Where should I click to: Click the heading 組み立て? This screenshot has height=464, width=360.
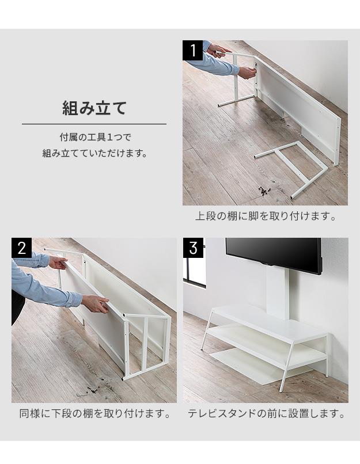[x=94, y=108]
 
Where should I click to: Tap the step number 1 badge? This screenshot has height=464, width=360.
[x=192, y=50]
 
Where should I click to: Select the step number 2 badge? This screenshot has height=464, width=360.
[x=22, y=248]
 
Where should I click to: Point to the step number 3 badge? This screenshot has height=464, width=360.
[x=193, y=248]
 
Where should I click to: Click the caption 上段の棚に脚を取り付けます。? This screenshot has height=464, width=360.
[x=266, y=216]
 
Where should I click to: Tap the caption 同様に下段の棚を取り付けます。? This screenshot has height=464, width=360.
[x=94, y=413]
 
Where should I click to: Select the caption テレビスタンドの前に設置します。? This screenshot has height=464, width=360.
[x=266, y=413]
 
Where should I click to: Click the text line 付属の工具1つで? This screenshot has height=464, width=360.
[x=95, y=138]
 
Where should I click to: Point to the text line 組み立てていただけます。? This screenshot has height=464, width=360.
[x=95, y=153]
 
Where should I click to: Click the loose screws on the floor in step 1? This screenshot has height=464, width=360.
[x=263, y=191]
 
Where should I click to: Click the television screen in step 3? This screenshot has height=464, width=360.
[x=273, y=254]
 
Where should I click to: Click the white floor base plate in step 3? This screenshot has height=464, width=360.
[x=260, y=366]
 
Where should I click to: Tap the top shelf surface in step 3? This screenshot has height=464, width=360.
[x=268, y=321]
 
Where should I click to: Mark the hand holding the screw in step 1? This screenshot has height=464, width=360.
[x=247, y=73]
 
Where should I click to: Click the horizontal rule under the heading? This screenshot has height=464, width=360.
[x=94, y=124]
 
